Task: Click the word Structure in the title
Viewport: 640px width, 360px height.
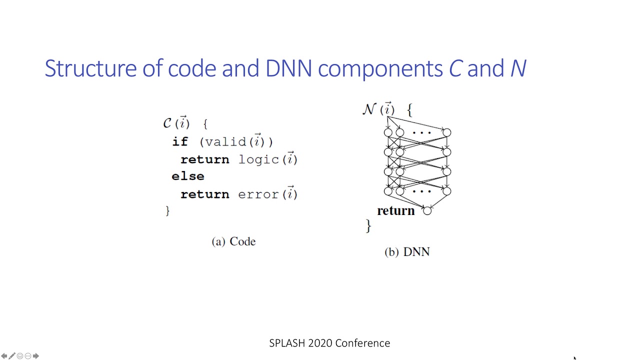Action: click(90, 68)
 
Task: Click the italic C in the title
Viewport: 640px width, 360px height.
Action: click(454, 68)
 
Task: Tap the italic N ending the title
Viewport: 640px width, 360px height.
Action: click(518, 68)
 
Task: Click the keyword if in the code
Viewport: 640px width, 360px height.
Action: click(179, 142)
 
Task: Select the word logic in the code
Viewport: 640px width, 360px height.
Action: click(258, 159)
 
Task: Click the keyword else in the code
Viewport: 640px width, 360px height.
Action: click(188, 176)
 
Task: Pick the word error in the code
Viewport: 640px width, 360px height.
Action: click(258, 194)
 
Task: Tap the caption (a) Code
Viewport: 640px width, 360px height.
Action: click(233, 241)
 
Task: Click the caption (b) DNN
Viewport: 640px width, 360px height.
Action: click(407, 252)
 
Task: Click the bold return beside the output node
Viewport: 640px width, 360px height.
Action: click(396, 211)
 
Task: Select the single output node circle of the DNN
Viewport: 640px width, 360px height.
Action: click(427, 211)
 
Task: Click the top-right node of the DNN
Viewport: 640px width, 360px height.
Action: click(446, 132)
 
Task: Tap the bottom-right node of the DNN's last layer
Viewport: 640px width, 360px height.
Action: click(446, 191)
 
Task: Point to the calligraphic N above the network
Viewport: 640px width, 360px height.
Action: click(369, 109)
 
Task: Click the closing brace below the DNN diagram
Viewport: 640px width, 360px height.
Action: click(368, 226)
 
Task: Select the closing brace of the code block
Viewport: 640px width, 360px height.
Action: click(167, 211)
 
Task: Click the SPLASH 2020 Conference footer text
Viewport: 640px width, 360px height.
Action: click(329, 343)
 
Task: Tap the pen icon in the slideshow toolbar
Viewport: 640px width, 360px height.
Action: click(12, 356)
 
